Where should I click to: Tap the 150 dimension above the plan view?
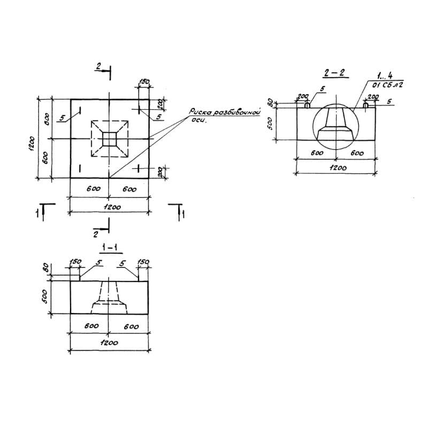coord(144,82)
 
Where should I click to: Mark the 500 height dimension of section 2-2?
coord(271,124)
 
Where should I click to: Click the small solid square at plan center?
coord(110,139)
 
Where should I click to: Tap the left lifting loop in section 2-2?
coord(307,105)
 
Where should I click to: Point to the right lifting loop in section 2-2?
coord(365,105)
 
